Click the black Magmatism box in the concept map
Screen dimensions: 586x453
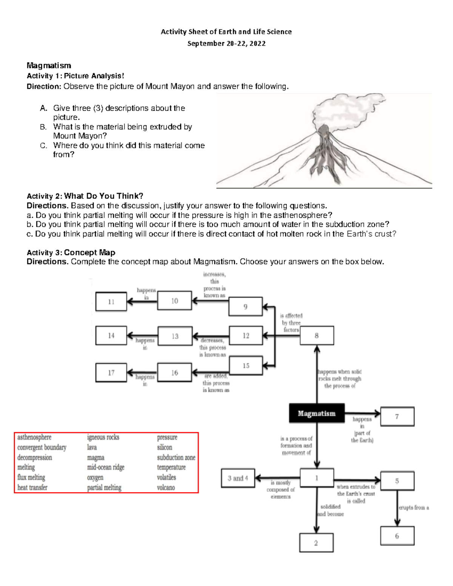(x=317, y=413)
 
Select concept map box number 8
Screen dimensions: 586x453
(x=317, y=335)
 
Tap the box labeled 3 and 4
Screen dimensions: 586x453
(x=238, y=478)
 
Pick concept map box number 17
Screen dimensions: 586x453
(x=111, y=372)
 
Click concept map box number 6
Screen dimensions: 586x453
(x=397, y=536)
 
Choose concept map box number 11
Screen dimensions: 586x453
(x=111, y=301)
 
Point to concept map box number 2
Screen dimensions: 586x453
(x=316, y=543)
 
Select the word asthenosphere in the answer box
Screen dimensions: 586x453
(x=34, y=437)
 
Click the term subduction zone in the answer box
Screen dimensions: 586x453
(x=176, y=457)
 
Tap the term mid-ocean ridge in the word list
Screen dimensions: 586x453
(x=106, y=467)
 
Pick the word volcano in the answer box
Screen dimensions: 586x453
(x=166, y=488)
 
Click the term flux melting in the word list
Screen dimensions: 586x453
(x=31, y=477)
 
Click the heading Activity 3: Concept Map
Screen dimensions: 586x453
(x=71, y=252)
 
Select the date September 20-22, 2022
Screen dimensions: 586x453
(x=226, y=43)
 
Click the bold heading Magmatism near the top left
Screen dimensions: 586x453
(x=49, y=66)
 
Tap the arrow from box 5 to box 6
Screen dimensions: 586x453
(x=397, y=508)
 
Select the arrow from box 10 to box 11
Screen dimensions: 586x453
(x=142, y=301)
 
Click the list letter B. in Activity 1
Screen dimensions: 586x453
(x=43, y=127)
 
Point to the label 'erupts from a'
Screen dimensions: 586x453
(x=414, y=508)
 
